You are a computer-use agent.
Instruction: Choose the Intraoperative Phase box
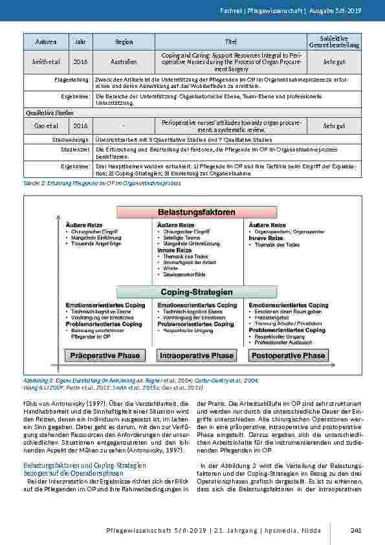[x=197, y=355]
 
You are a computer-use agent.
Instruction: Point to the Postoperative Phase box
[x=288, y=355]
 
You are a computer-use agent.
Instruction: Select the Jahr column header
[x=80, y=42]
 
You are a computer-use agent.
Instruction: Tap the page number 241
[x=355, y=531]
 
